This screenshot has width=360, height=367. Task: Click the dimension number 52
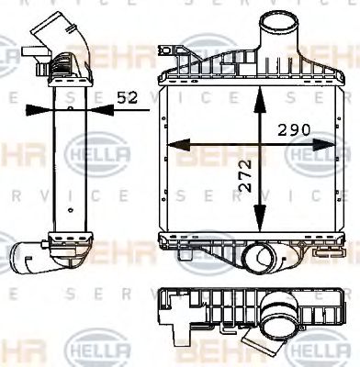click(x=127, y=95)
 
